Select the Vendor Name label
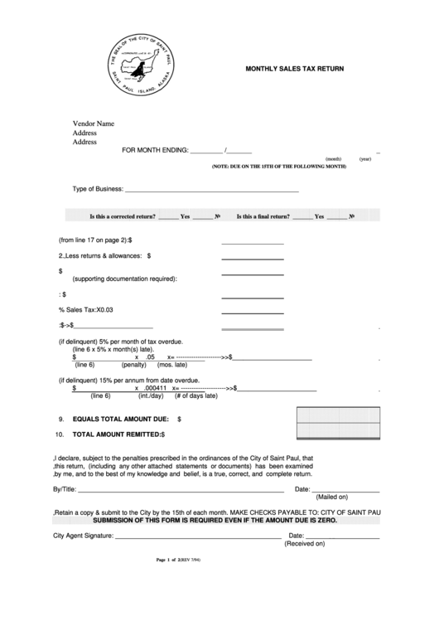tap(93, 124)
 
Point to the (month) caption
tap(310, 159)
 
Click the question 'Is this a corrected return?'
tap(123, 217)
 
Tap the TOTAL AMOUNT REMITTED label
tap(117, 434)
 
